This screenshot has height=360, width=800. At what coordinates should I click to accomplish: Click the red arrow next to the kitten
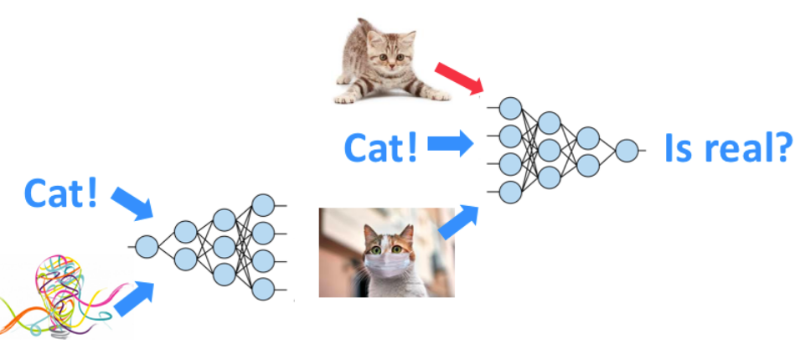pos(459,76)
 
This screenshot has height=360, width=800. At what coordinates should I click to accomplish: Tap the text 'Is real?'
pos(727,148)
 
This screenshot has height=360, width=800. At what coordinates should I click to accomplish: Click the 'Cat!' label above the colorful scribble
pos(61,193)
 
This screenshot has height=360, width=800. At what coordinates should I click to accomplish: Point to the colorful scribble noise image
pos(54,297)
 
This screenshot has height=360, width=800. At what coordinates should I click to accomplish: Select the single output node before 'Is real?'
pos(626,151)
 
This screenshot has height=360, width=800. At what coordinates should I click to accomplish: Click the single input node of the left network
pos(147,246)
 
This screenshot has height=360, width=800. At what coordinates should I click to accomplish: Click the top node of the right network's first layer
pos(510,108)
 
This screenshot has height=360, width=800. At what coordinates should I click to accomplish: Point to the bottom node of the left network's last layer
pos(263,290)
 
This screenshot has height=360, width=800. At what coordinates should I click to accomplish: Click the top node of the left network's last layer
pos(263,204)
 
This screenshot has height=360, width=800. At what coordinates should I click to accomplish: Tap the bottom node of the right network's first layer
pos(510,192)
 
